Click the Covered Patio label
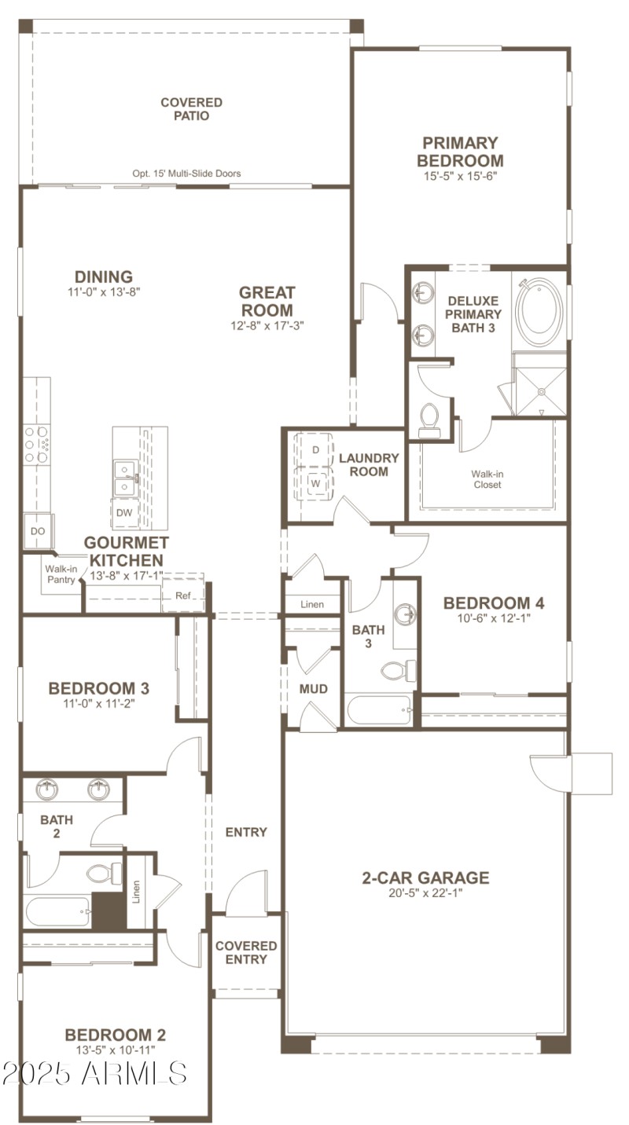(x=191, y=109)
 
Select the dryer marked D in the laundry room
(x=315, y=450)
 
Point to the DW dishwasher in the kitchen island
(x=124, y=513)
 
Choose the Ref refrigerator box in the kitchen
(x=182, y=596)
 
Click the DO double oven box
(x=37, y=532)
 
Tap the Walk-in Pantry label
(x=61, y=574)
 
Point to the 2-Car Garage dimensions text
(x=425, y=893)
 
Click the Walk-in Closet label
(x=487, y=479)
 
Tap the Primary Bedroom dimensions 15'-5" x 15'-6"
(x=460, y=176)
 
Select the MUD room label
(x=313, y=689)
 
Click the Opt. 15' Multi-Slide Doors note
(x=186, y=174)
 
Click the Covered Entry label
(x=246, y=952)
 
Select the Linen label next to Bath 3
(x=311, y=604)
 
